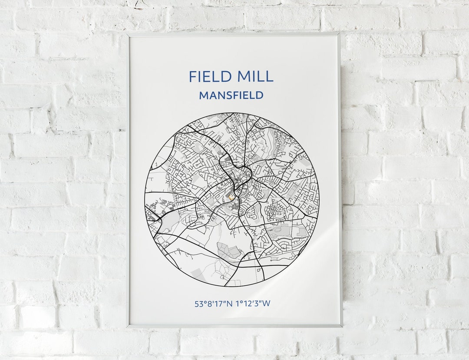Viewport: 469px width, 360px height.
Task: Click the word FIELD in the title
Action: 209,76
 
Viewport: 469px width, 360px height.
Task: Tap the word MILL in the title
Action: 254,76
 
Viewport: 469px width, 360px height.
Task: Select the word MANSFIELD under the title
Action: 231,95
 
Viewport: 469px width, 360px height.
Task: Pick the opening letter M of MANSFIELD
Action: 203,95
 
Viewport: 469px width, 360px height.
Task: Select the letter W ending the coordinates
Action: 266,304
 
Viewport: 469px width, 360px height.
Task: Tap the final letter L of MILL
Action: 269,76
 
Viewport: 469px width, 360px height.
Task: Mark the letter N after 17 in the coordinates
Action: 230,304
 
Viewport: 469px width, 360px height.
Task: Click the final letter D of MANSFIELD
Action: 260,95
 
